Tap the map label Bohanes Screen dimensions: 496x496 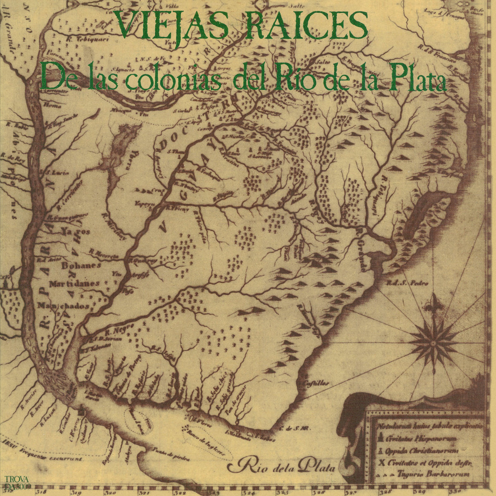point(81,265)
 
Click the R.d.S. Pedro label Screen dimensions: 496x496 point(401,283)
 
